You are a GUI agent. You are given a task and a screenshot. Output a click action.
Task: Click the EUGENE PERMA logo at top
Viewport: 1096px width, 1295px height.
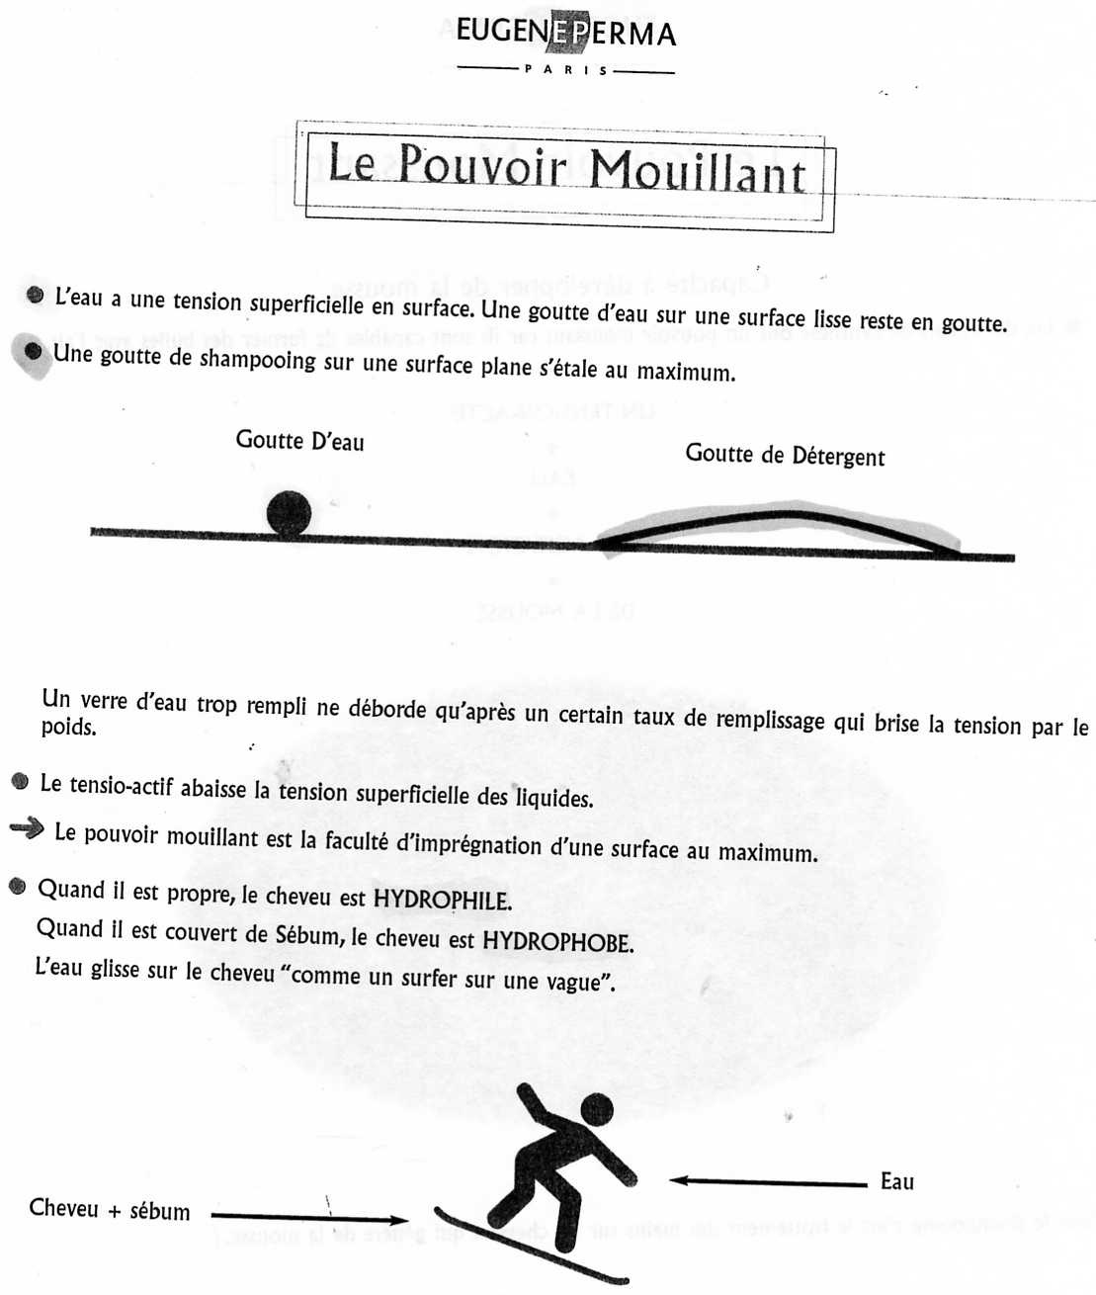[566, 33]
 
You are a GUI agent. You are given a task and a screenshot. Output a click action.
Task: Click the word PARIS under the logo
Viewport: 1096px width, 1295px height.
[566, 70]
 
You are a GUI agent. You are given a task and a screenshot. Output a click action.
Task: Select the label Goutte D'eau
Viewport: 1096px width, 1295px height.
[299, 440]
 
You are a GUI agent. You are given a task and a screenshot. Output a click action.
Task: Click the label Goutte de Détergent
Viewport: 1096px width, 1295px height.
[785, 455]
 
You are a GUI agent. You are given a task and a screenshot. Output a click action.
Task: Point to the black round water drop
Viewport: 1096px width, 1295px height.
[289, 513]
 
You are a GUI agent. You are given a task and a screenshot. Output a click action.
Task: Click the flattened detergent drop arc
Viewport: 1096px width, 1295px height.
[781, 520]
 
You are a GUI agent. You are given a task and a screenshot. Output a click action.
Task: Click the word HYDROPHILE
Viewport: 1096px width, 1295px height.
[442, 900]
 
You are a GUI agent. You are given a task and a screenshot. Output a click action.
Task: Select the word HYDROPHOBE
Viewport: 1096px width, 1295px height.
[557, 941]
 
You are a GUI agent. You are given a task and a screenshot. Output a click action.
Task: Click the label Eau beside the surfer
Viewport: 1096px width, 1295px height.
[896, 1181]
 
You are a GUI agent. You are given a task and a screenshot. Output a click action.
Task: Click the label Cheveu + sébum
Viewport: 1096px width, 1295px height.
[109, 1209]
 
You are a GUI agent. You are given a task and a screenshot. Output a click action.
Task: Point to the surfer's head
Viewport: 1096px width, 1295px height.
[596, 1108]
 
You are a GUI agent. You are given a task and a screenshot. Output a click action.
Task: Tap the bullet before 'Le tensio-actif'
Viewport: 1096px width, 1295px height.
[20, 781]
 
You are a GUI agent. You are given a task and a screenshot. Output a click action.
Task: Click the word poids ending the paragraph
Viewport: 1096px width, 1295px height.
[68, 728]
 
